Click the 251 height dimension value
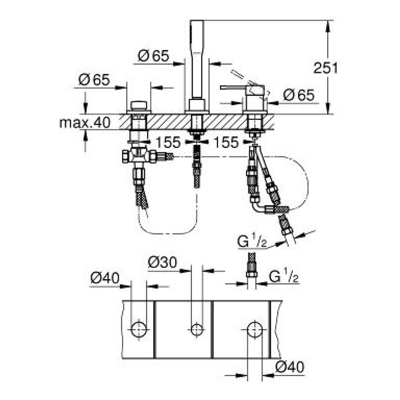[x=325, y=68]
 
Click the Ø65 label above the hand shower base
[x=154, y=56]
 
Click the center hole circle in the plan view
[x=196, y=329]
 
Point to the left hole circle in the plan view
[x=139, y=329]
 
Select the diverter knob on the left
[x=139, y=106]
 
